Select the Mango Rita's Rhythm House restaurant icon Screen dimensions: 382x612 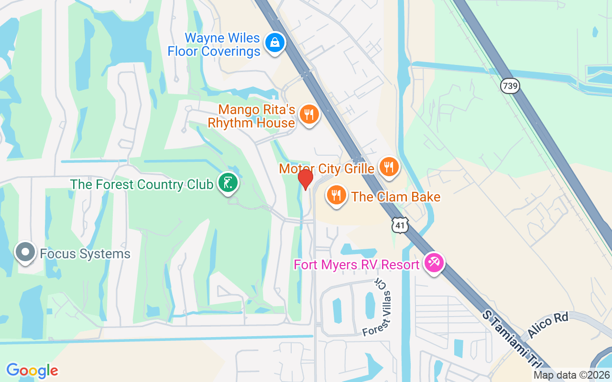point(309,115)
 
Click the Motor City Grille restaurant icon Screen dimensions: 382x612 point(389,167)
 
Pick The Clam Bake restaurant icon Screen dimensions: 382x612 point(337,195)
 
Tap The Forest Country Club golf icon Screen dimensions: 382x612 point(228,183)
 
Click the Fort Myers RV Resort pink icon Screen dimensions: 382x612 point(435,263)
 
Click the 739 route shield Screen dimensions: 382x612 point(510,86)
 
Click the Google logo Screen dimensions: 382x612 point(32,370)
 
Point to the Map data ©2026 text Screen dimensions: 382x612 point(571,375)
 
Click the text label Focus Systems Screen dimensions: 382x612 point(85,254)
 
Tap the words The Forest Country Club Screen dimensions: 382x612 point(142,184)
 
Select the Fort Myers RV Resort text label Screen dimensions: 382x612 point(357,264)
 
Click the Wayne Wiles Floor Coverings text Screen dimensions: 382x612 point(214,44)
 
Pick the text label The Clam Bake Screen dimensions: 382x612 point(396,197)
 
